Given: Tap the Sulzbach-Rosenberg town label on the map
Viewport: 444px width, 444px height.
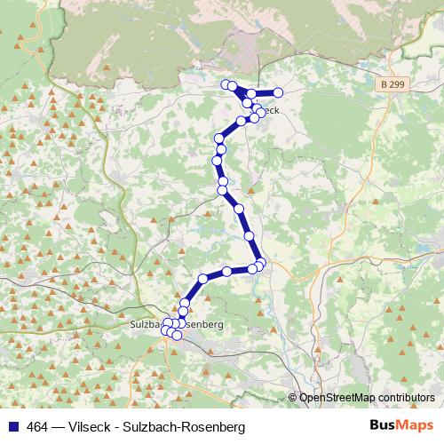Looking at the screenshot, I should tap(175, 325).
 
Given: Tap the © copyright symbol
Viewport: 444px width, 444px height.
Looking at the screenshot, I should tap(293, 397).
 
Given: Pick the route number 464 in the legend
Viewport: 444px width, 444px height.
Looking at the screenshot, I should tap(38, 427).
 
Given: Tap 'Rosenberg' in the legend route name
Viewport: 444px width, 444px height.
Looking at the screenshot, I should tap(214, 427).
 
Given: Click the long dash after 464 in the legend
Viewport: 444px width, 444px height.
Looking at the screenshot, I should tap(61, 427).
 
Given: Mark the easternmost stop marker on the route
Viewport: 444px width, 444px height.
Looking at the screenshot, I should tap(278, 92).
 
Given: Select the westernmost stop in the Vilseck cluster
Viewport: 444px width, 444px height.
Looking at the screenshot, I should tap(226, 84).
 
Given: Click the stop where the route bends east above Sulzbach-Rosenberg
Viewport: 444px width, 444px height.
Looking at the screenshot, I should tap(202, 279).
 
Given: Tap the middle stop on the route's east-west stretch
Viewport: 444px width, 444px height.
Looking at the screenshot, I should tap(227, 271).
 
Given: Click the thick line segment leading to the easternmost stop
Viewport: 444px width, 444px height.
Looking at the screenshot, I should tap(265, 92).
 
